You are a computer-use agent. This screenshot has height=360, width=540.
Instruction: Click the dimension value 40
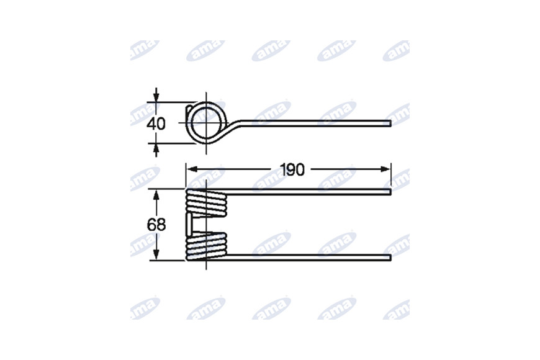click(x=156, y=124)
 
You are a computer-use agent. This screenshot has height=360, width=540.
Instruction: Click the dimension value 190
click(x=292, y=170)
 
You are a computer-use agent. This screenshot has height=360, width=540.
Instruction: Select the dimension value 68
click(x=156, y=225)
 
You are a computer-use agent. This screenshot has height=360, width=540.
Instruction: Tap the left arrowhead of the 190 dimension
click(x=191, y=169)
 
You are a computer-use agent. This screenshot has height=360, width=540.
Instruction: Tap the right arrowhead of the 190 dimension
click(x=385, y=169)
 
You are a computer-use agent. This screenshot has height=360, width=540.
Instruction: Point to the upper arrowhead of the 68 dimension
click(x=156, y=196)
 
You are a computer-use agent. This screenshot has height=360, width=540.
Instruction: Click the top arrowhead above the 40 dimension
click(x=156, y=96)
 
